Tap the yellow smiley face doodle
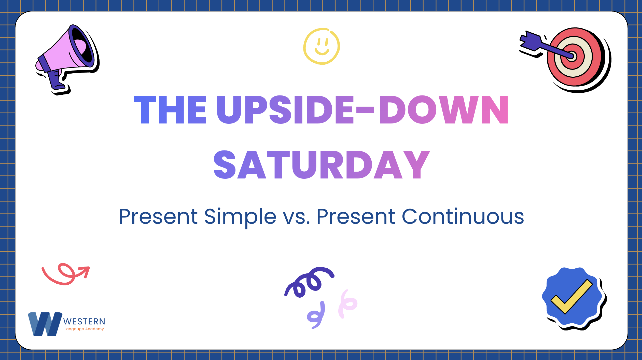click(322, 46)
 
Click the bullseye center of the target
click(572, 56)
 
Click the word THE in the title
click(170, 110)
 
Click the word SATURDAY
click(322, 164)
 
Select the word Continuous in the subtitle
click(463, 217)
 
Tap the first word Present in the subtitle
click(158, 217)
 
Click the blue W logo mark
click(45, 324)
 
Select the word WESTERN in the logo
click(84, 322)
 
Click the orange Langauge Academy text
click(84, 329)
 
